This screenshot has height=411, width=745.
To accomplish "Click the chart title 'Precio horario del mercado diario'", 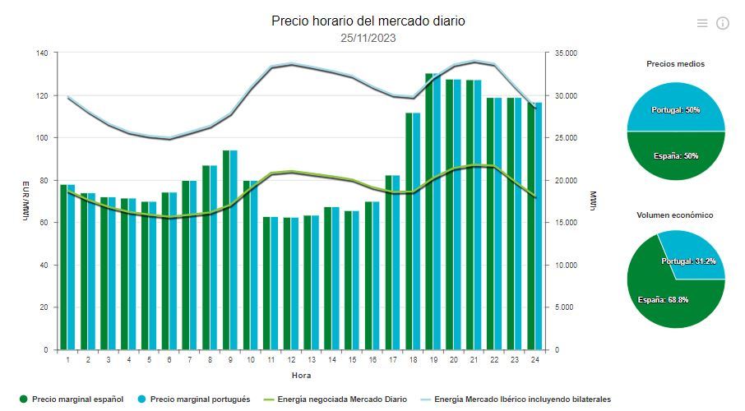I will click(368, 21).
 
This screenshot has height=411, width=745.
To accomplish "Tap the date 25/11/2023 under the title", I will click(368, 38).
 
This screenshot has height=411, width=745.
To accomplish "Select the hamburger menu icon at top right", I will click(702, 23).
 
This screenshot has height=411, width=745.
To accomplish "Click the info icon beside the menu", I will click(723, 23).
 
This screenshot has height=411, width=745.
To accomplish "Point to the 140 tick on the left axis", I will click(42, 53).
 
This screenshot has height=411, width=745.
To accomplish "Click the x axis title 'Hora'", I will click(301, 375).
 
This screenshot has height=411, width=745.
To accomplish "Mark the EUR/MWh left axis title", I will click(25, 201).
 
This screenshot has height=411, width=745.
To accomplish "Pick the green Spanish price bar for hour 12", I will click(288, 284).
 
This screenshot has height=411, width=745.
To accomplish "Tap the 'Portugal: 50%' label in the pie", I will click(675, 109).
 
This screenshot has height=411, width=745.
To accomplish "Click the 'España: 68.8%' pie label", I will click(663, 299).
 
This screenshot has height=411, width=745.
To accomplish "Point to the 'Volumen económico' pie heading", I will click(675, 215).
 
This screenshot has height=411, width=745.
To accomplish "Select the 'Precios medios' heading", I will click(675, 63).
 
